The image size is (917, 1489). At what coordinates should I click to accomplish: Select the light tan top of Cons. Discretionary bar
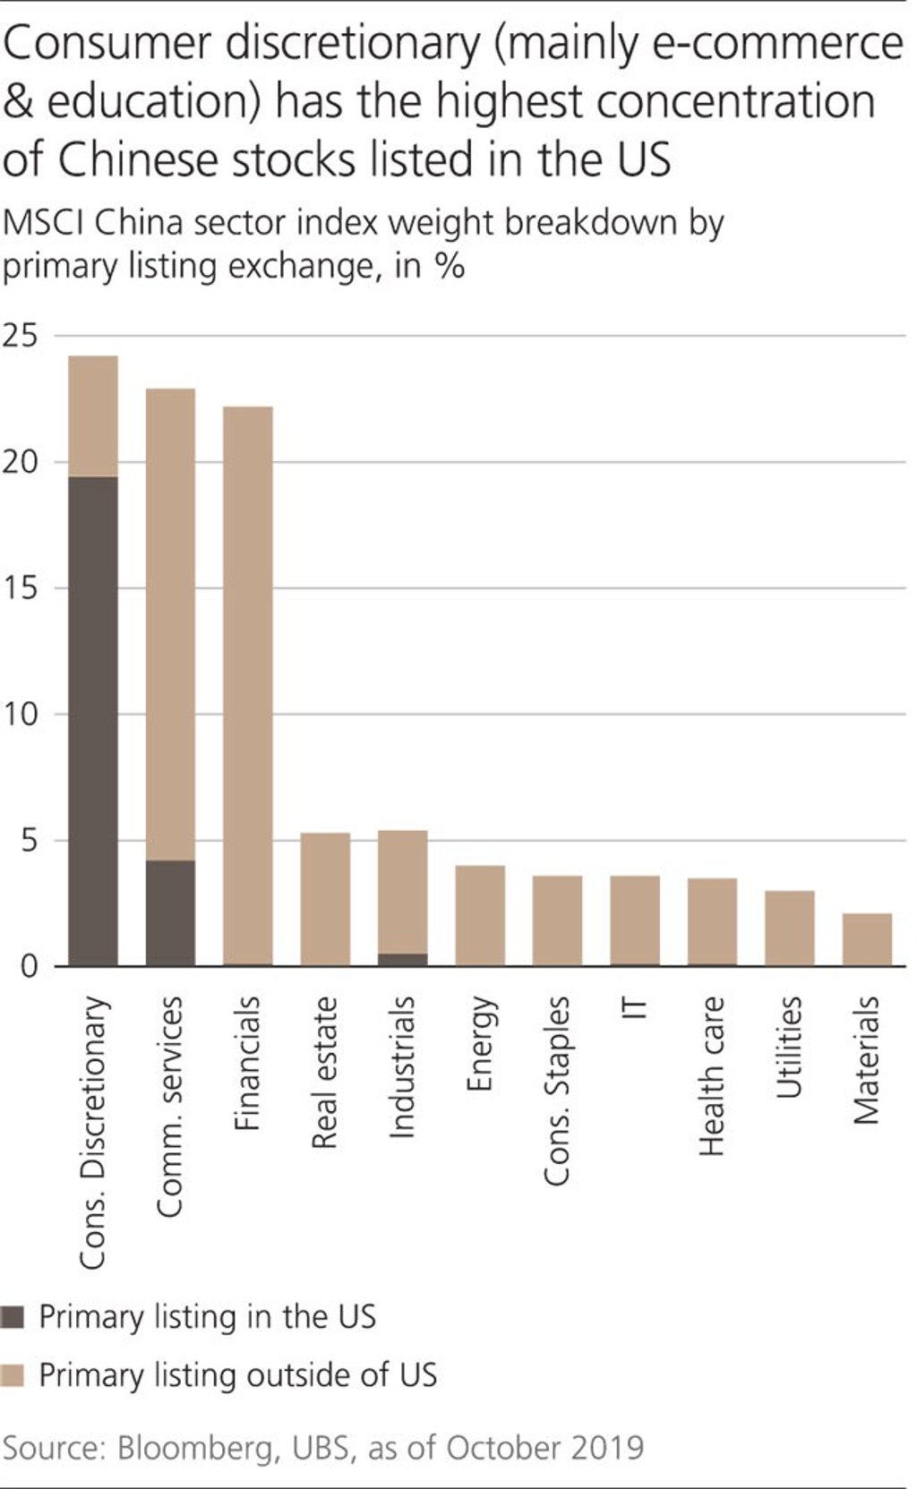(93, 416)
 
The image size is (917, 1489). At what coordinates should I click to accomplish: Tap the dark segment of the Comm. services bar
(170, 912)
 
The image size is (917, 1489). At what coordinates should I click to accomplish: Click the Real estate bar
(325, 899)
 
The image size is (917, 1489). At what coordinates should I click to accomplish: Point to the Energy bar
(480, 915)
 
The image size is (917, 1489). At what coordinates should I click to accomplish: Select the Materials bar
(867, 939)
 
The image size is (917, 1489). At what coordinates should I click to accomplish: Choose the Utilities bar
(789, 928)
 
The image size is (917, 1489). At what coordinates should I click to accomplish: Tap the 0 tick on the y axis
(29, 967)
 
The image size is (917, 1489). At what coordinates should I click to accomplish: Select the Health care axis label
(712, 1075)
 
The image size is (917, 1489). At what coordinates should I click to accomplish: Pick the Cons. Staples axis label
(557, 1091)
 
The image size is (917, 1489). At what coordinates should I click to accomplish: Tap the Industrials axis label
(402, 1066)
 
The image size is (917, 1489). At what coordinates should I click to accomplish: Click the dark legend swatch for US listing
(13, 1317)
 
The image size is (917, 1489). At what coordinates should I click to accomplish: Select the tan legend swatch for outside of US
(13, 1375)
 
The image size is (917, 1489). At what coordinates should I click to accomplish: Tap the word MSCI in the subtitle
(45, 222)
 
